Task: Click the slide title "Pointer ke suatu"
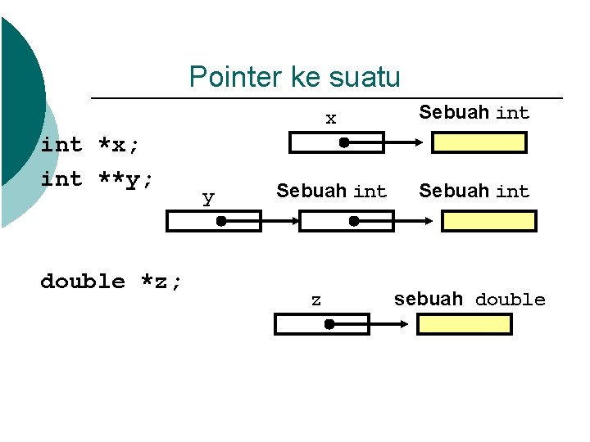click(x=294, y=77)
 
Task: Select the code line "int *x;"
click(x=90, y=145)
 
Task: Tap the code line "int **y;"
click(x=97, y=178)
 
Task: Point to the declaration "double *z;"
click(x=111, y=282)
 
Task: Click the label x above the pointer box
click(x=330, y=119)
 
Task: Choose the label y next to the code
click(x=208, y=198)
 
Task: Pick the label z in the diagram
click(x=315, y=300)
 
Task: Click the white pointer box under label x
click(x=337, y=143)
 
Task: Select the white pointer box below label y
click(x=214, y=221)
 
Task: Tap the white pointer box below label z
click(x=322, y=325)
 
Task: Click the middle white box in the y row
click(x=347, y=221)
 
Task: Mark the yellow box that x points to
click(x=479, y=143)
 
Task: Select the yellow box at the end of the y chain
click(x=488, y=221)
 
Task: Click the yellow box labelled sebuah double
click(x=465, y=325)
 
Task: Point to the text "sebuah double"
click(x=469, y=300)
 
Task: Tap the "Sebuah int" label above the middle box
click(x=331, y=192)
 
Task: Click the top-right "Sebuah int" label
click(x=474, y=113)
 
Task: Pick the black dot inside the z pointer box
click(x=328, y=325)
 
